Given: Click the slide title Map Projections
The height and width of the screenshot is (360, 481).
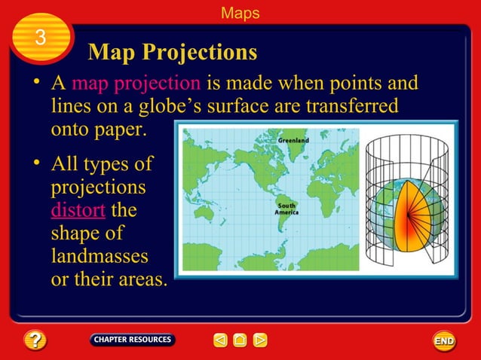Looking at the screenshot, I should [173, 52].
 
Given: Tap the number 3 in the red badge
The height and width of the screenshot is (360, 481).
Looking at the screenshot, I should [41, 37].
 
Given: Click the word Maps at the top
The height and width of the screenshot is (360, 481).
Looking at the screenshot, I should [240, 13].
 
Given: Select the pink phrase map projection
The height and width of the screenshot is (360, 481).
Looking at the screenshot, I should [136, 83].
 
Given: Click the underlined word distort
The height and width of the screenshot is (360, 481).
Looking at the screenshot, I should [78, 209].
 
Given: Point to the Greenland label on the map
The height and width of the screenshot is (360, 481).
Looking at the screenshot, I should [293, 140].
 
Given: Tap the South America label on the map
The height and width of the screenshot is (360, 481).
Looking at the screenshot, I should [286, 208].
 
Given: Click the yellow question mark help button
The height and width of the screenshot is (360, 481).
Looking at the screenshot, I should [35, 340].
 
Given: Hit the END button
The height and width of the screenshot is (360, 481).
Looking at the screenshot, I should [444, 341].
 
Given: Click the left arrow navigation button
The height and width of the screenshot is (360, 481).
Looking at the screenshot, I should [220, 340].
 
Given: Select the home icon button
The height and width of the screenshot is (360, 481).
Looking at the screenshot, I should [240, 340].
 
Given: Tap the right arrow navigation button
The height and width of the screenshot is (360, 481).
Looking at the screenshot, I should [260, 340].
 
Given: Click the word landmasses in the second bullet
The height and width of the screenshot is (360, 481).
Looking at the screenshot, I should [99, 256].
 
